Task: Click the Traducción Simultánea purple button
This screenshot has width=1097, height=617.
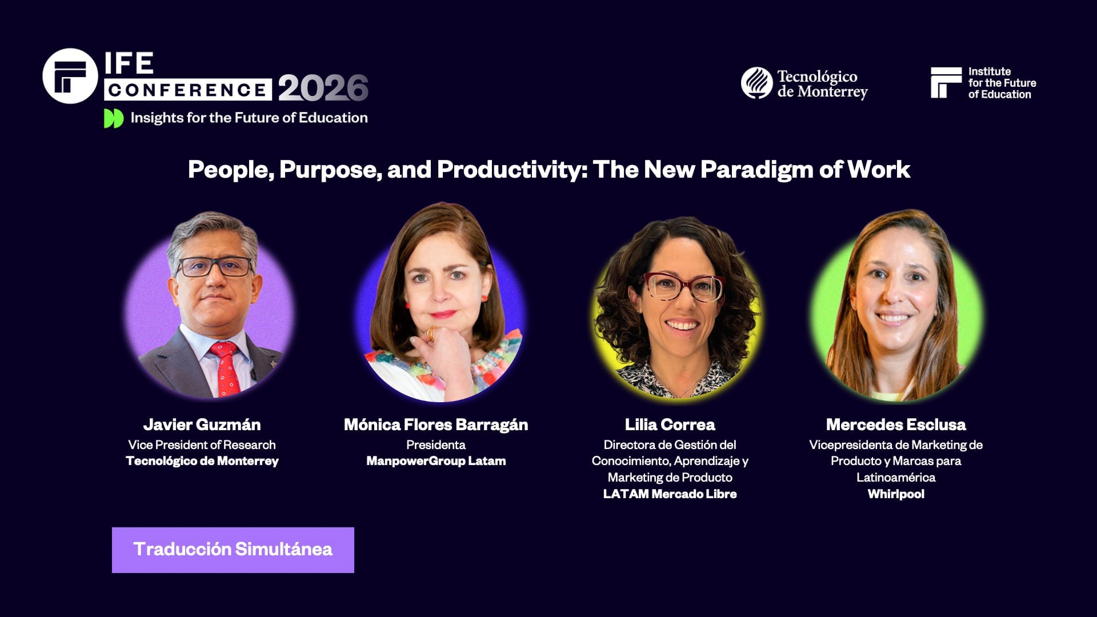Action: pyautogui.click(x=233, y=550)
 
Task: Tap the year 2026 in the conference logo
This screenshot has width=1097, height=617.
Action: pyautogui.click(x=323, y=89)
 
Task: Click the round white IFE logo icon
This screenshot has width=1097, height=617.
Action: pyautogui.click(x=70, y=76)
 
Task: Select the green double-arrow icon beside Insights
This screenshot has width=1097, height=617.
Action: pyautogui.click(x=113, y=118)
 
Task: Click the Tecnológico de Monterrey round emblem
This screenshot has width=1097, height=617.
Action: pyautogui.click(x=756, y=83)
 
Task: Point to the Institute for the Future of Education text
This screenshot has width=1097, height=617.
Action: pyautogui.click(x=1002, y=83)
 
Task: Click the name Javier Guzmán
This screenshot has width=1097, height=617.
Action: pyautogui.click(x=202, y=424)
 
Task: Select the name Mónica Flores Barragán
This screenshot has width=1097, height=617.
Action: pyautogui.click(x=436, y=424)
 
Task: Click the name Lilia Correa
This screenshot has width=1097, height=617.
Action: pyautogui.click(x=670, y=424)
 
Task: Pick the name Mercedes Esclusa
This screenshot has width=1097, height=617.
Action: pyautogui.click(x=895, y=424)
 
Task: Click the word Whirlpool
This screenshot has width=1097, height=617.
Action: pyautogui.click(x=895, y=494)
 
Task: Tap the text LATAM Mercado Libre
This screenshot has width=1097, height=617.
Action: pyautogui.click(x=670, y=494)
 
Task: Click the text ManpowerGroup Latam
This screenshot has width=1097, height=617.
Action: pyautogui.click(x=436, y=461)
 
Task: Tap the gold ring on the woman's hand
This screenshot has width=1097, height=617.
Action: pyautogui.click(x=431, y=332)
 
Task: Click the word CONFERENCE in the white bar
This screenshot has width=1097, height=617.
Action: pyautogui.click(x=187, y=90)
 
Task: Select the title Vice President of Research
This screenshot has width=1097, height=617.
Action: pyautogui.click(x=202, y=445)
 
